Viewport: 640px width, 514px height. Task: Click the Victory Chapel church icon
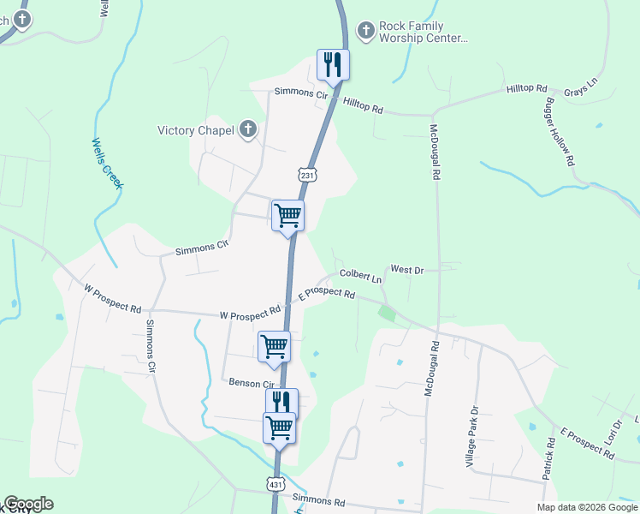pos(248,130)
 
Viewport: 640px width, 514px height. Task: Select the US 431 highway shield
pos(275,484)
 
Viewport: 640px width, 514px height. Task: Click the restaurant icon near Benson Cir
pos(281,402)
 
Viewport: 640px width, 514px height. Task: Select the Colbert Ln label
pos(360,277)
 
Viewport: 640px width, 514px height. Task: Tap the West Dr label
pos(407,270)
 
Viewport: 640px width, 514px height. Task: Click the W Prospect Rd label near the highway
pos(250,314)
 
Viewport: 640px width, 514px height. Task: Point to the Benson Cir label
pos(250,383)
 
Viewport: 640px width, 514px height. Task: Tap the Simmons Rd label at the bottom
pos(318,499)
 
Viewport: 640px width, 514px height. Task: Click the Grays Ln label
pos(579,90)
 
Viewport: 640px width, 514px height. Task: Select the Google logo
pos(28,504)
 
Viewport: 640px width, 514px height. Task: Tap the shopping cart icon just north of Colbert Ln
pos(287,215)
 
